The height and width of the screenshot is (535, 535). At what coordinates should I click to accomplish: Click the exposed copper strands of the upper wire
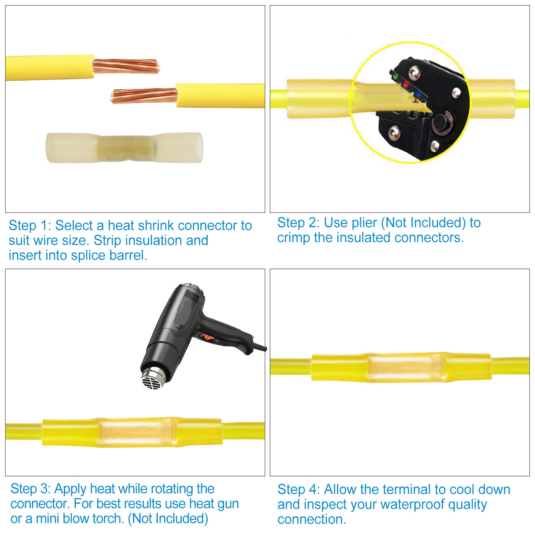126,66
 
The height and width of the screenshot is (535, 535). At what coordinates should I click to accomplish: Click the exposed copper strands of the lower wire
144,96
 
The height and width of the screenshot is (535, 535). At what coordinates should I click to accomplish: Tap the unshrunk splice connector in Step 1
124,147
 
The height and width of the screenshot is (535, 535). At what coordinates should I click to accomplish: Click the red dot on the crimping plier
406,85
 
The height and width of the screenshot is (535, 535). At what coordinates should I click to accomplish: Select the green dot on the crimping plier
395,76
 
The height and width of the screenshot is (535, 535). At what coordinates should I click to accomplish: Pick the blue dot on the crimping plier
419,95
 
